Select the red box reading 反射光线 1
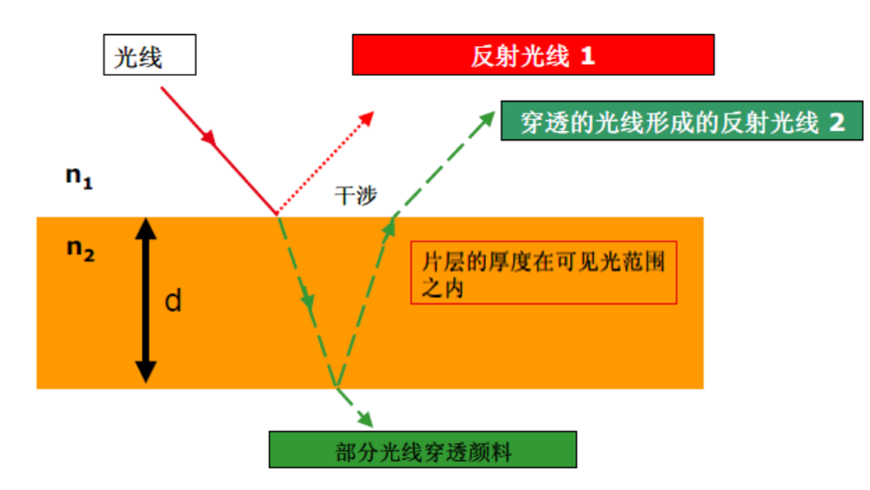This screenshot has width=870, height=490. point(533,55)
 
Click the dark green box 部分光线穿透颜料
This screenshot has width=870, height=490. point(423,450)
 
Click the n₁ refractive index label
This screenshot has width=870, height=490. point(79,176)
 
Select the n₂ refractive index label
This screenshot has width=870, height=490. point(79,248)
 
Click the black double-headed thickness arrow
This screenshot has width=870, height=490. point(145,301)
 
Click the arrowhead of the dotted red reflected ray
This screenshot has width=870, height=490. point(369,115)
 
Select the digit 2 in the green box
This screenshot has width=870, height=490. point(837,122)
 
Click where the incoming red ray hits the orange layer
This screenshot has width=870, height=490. point(275,215)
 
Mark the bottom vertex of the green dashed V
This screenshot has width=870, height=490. point(336,386)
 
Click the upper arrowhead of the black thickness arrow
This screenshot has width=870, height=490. point(145,227)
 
